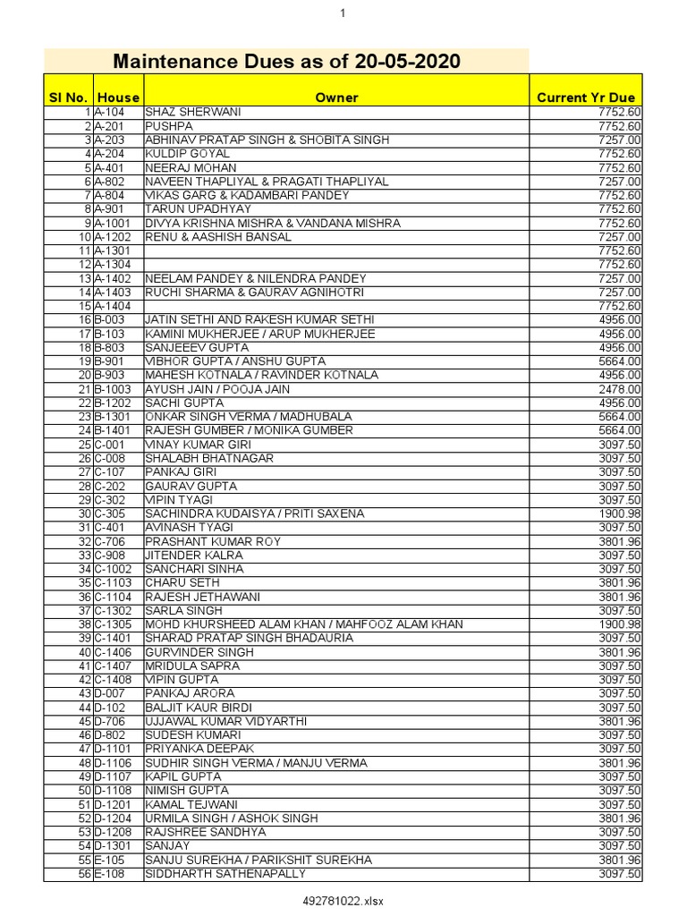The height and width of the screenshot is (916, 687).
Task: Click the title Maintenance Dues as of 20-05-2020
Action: pyautogui.click(x=286, y=62)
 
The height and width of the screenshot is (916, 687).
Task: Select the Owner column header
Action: pyautogui.click(x=336, y=98)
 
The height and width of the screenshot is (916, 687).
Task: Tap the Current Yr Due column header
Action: pyautogui.click(x=586, y=98)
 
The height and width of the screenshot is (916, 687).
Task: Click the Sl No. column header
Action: pyautogui.click(x=68, y=98)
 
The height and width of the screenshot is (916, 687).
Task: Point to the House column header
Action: pyautogui.click(x=119, y=98)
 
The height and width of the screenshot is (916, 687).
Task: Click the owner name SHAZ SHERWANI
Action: pyautogui.click(x=192, y=113)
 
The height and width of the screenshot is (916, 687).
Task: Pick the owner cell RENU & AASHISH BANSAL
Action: pyautogui.click(x=217, y=237)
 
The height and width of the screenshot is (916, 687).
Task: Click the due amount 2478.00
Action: pyautogui.click(x=620, y=390)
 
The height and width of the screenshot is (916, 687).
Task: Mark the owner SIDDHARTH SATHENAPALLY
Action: pyautogui.click(x=225, y=874)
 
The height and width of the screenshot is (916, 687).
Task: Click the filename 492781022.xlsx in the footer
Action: pyautogui.click(x=343, y=901)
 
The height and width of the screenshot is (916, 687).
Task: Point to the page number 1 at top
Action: pyautogui.click(x=343, y=13)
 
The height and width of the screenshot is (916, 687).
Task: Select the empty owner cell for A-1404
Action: pyautogui.click(x=336, y=307)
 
